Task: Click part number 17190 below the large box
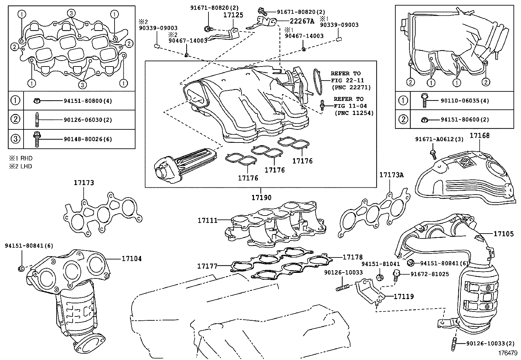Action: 261,198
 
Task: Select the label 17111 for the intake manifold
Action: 207,220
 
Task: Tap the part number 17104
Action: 132,259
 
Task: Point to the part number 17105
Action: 504,234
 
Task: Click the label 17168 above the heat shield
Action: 480,136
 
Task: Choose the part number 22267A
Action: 302,21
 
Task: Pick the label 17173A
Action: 391,175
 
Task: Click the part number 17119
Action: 404,296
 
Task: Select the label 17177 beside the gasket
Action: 207,266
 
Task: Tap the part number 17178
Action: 352,257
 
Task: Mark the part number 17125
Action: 233,15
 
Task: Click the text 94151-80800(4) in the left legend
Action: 88,101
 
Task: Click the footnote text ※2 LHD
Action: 20,166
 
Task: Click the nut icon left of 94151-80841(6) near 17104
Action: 21,269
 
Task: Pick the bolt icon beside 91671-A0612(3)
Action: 433,152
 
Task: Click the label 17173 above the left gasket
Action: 83,183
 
